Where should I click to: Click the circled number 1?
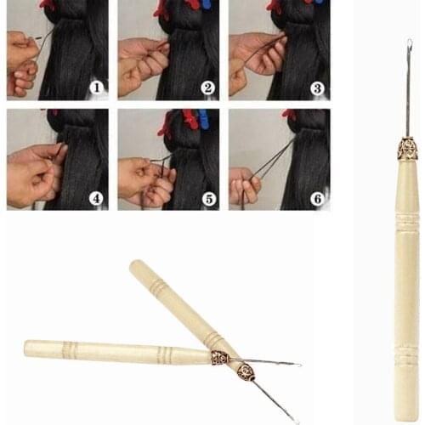[96, 87]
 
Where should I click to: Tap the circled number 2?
[207, 87]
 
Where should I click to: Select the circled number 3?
[317, 87]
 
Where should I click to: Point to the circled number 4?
[96, 198]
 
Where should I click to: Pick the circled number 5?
[207, 198]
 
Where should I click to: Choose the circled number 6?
[317, 198]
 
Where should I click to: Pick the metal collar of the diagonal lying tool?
[246, 371]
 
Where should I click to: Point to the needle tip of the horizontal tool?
[298, 365]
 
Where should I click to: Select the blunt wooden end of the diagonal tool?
[135, 266]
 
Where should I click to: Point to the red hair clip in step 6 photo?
[291, 114]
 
